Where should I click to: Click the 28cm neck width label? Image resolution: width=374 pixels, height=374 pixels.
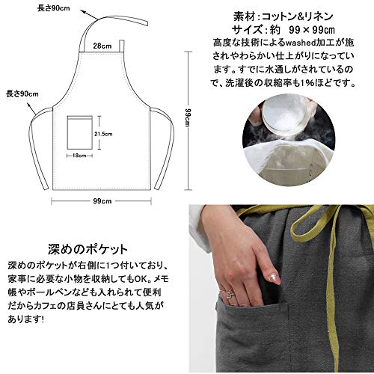coord(102,46)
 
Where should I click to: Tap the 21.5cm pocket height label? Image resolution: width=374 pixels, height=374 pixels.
coord(103,134)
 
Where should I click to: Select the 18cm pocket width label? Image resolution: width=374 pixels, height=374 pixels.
coord(79,156)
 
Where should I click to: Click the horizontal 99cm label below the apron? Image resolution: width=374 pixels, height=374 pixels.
coord(102,201)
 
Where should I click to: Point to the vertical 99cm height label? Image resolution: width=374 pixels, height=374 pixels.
coord(188,117)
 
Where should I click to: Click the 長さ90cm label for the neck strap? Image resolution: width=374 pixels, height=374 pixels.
coord(54,8)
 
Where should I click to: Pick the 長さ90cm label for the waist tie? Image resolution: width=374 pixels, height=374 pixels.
coord(22,94)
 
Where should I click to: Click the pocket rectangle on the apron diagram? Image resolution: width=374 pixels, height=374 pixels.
coord(80,132)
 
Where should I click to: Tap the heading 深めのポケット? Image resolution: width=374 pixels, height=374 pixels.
coord(88,249)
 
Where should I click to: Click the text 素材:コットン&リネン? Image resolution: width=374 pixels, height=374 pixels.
coord(283,16)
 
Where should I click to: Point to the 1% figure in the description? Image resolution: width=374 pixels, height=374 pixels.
coord(306,83)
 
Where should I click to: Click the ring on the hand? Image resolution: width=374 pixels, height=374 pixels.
coord(229,294)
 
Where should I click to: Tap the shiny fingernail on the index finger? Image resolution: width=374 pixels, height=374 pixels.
coord(274,278)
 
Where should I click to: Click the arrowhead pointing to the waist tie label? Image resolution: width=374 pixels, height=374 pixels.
coord(29,105)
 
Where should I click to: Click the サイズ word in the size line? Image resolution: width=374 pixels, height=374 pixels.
coord(247,30)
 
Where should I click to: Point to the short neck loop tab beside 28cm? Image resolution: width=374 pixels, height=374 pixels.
coord(121,46)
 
